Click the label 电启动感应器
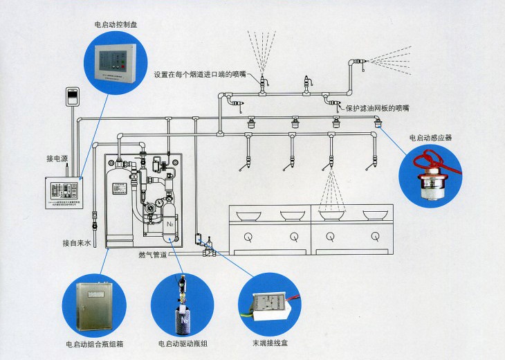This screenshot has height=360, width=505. [430, 138]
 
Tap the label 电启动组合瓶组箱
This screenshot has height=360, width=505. [95, 342]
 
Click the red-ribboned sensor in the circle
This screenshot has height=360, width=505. [434, 176]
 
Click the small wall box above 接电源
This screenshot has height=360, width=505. [72, 96]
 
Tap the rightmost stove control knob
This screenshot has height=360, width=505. [376, 237]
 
